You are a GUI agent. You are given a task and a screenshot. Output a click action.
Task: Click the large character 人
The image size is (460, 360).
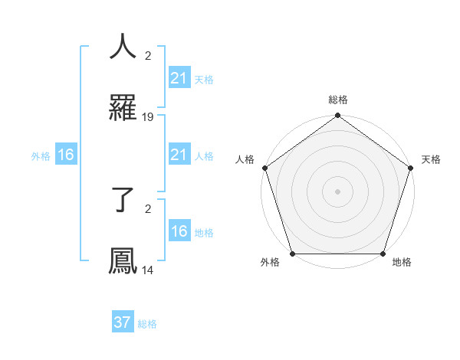(x=123, y=47)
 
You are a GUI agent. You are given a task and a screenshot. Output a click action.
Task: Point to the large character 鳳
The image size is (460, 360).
(x=123, y=261)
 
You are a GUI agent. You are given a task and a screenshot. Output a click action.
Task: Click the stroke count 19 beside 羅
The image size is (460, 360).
(x=148, y=117)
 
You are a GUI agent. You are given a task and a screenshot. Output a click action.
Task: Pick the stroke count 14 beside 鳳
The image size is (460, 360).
(x=148, y=270)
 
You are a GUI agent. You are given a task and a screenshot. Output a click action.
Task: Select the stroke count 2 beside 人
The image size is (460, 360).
(x=147, y=56)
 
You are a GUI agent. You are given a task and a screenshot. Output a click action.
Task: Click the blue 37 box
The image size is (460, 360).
(x=123, y=322)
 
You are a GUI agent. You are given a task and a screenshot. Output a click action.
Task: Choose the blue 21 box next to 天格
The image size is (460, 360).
(x=179, y=78)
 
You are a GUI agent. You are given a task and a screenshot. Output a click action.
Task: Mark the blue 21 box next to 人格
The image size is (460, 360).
(x=179, y=155)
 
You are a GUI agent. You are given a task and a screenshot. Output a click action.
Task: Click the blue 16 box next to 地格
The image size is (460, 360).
(x=179, y=232)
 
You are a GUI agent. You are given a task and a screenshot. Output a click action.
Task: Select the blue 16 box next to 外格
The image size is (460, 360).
(x=66, y=155)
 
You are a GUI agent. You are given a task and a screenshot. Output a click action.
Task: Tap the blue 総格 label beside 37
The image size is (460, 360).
(x=147, y=324)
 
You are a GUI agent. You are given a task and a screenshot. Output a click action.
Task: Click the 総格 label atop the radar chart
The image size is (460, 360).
(x=337, y=100)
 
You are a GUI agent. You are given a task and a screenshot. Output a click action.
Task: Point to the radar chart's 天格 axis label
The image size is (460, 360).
(x=431, y=159)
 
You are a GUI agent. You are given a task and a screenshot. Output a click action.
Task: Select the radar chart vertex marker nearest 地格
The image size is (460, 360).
(x=383, y=254)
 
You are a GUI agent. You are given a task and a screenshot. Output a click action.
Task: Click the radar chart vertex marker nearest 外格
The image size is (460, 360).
(x=292, y=254)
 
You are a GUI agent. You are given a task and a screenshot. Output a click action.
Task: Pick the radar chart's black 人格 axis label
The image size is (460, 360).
(x=245, y=159)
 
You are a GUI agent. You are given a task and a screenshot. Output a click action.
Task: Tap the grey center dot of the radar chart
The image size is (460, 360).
(x=337, y=191)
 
